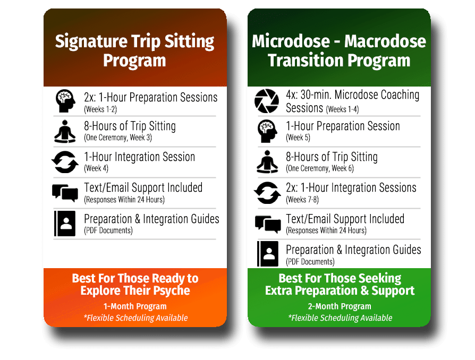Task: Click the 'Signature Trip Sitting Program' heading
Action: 135,50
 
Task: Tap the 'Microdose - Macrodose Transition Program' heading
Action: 339,50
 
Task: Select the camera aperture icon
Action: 267,101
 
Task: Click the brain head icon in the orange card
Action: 65,101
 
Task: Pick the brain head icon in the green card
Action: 267,131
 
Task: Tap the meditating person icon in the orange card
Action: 65,132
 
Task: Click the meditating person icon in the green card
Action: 267,162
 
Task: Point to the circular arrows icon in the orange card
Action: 65,162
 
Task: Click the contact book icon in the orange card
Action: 65,224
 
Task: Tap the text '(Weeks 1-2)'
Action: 100,109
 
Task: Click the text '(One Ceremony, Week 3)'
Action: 118,138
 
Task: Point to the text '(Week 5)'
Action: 298,138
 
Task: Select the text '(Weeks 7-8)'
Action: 302,200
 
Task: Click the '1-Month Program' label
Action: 135,306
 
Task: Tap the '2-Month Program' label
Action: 340,306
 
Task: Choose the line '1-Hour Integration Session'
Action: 139,157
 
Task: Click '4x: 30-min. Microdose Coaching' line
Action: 353,95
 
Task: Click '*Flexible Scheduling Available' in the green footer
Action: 340,318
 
